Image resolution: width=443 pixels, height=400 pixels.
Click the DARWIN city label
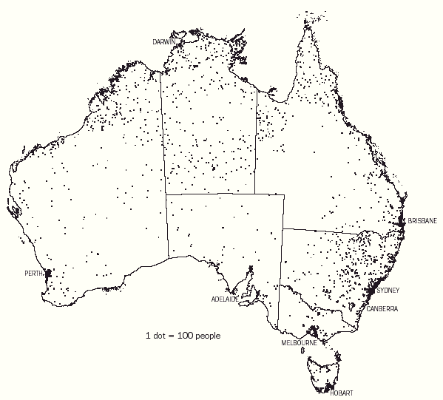click(x=164, y=42)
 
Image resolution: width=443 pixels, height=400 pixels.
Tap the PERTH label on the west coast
click(x=33, y=273)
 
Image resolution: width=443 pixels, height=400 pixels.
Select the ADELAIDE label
click(x=226, y=300)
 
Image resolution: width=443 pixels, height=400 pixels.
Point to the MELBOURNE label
click(x=299, y=344)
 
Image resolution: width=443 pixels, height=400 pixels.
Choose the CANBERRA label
click(x=382, y=310)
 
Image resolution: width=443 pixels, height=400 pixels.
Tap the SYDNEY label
click(x=388, y=290)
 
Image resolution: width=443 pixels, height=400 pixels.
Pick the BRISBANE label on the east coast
click(x=422, y=220)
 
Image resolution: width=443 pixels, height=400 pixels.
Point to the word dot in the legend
click(x=157, y=335)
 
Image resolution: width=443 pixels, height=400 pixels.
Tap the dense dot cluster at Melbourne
click(x=314, y=333)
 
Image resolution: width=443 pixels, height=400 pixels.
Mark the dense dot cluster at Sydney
click(x=373, y=285)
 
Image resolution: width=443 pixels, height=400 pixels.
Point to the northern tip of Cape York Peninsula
click(x=305, y=16)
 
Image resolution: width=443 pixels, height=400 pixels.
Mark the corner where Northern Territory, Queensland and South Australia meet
click(x=256, y=194)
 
